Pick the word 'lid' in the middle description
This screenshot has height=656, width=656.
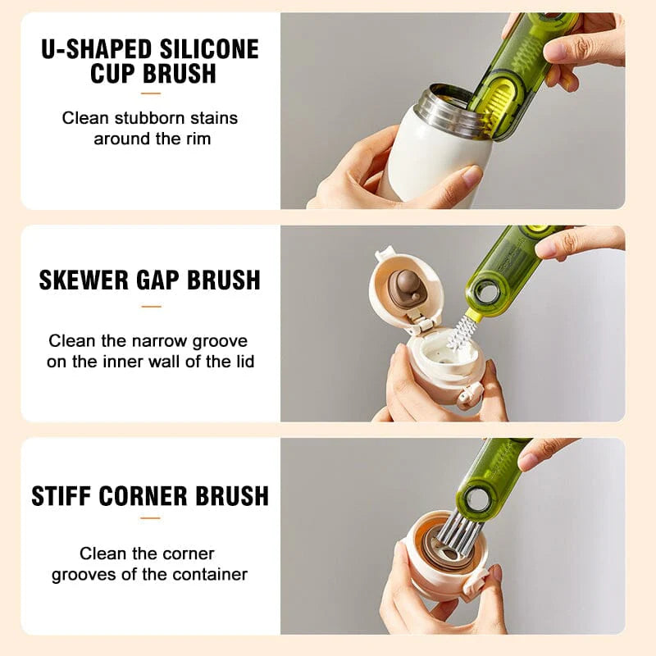pos(243,361)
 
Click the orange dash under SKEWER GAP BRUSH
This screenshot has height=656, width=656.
pos(150,307)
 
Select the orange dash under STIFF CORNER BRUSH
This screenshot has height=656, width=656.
pos(150,518)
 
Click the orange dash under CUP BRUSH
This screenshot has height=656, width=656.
pos(150,91)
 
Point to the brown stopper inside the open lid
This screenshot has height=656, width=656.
pos(405,289)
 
